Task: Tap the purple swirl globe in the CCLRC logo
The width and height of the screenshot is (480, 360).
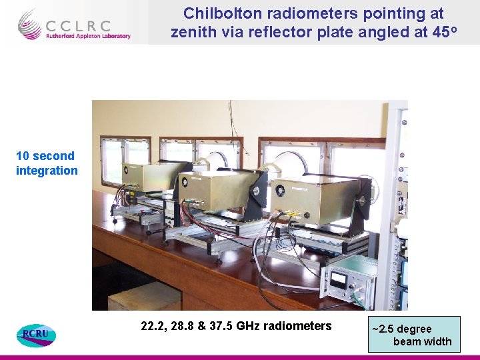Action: [30, 25]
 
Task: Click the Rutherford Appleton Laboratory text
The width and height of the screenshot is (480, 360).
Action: [88, 36]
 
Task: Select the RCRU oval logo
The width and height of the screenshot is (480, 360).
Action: [36, 333]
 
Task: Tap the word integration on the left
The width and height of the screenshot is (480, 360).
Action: [47, 171]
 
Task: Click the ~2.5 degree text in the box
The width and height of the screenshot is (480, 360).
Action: [402, 329]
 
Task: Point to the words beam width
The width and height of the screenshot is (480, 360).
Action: [422, 342]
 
